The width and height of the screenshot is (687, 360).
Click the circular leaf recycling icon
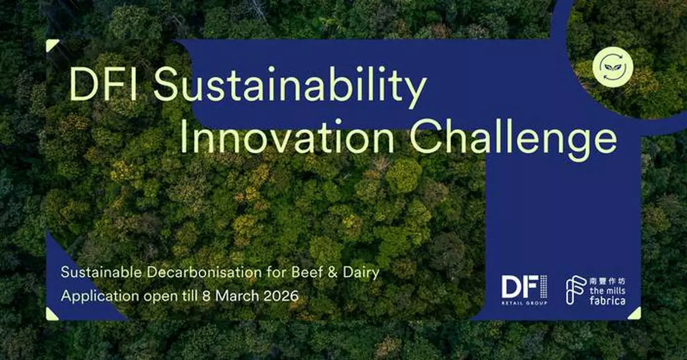610,67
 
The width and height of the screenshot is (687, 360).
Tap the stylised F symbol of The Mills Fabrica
575,290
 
